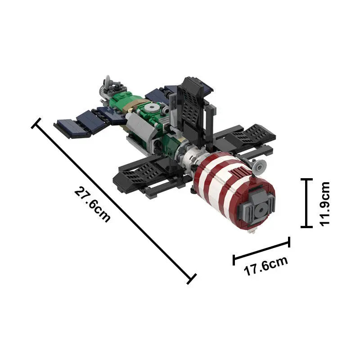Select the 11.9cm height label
click(x=325, y=203)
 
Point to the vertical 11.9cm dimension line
click(x=307, y=203)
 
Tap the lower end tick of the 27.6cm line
click(x=191, y=279)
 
